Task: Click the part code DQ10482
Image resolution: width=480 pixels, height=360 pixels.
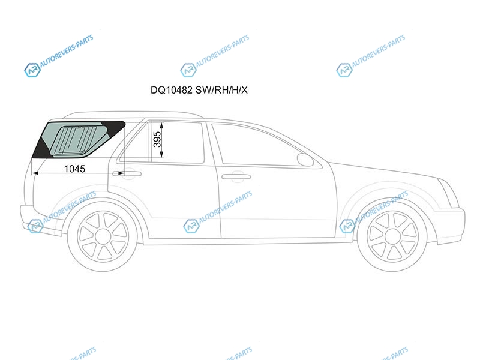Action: (172, 90)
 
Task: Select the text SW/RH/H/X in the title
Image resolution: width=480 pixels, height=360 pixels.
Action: (221, 90)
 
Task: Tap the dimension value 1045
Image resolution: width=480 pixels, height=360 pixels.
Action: (74, 169)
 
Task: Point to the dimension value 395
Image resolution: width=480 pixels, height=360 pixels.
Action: (157, 139)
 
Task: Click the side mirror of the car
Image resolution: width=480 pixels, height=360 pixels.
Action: (305, 159)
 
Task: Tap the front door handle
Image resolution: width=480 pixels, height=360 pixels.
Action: (236, 176)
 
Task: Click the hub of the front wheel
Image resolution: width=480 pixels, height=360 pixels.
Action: (392, 236)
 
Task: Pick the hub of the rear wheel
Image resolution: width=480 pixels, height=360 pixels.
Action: (103, 236)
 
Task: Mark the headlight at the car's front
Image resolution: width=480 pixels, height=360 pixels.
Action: (449, 191)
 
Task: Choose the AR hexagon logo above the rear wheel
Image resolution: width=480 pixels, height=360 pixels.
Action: (35, 226)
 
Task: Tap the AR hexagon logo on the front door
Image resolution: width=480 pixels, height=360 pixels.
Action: (191, 226)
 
